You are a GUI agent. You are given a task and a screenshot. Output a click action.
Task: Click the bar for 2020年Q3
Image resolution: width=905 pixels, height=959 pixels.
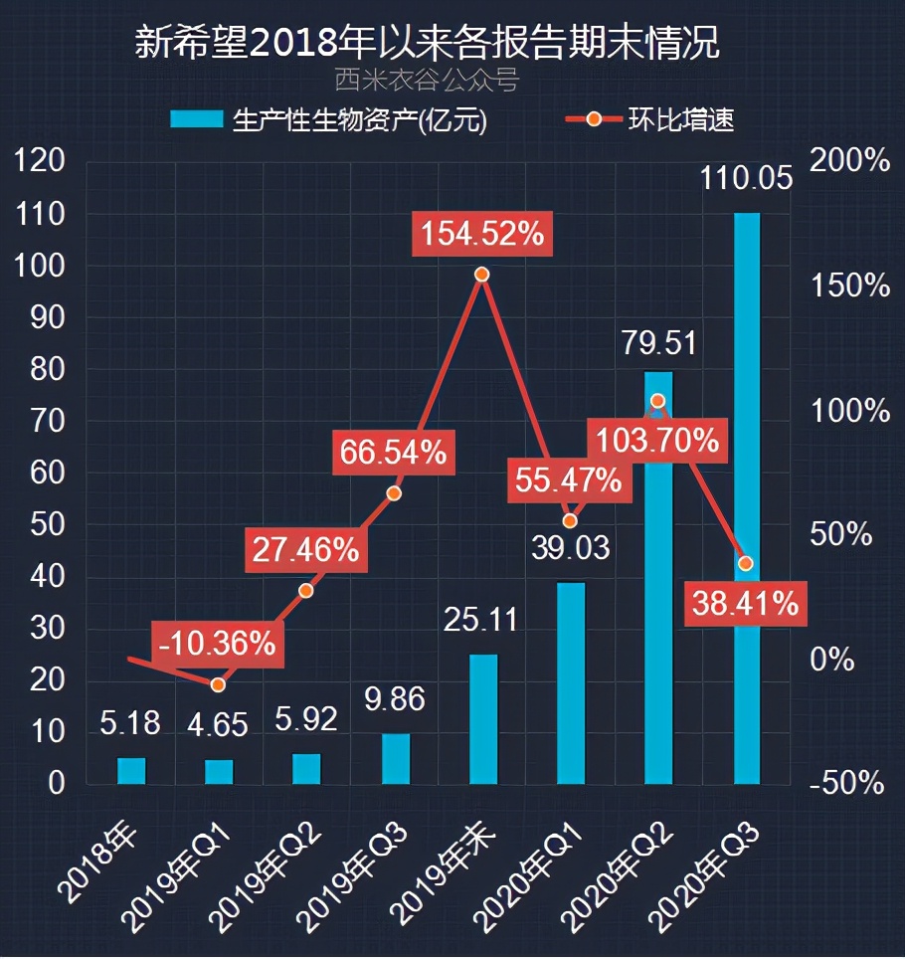pyautogui.click(x=746, y=497)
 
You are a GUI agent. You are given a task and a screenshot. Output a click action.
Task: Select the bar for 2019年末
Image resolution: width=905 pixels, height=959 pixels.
pyautogui.click(x=482, y=718)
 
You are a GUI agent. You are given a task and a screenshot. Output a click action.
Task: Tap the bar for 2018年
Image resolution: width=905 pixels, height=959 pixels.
pyautogui.click(x=131, y=771)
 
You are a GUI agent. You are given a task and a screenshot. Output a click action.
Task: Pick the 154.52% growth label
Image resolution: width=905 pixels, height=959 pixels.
pyautogui.click(x=481, y=235)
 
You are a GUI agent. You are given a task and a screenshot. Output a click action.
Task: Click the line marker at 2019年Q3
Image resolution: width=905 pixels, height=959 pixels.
pyautogui.click(x=394, y=493)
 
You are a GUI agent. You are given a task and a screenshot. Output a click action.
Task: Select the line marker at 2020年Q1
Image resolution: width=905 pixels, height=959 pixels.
pyautogui.click(x=570, y=520)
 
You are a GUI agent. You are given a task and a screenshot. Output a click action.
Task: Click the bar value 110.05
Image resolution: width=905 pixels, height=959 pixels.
pyautogui.click(x=746, y=179)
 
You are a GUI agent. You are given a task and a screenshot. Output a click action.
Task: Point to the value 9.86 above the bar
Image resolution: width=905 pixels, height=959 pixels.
pyautogui.click(x=393, y=698)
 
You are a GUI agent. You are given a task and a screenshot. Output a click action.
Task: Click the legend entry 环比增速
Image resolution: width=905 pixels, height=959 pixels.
pyautogui.click(x=651, y=120)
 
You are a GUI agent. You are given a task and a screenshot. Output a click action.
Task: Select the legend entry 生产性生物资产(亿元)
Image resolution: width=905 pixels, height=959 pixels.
pyautogui.click(x=333, y=120)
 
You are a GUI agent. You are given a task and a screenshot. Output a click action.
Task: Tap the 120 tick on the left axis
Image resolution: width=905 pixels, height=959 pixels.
pyautogui.click(x=42, y=162)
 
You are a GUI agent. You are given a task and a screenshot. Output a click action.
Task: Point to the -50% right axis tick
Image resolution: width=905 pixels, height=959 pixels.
pyautogui.click(x=846, y=783)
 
